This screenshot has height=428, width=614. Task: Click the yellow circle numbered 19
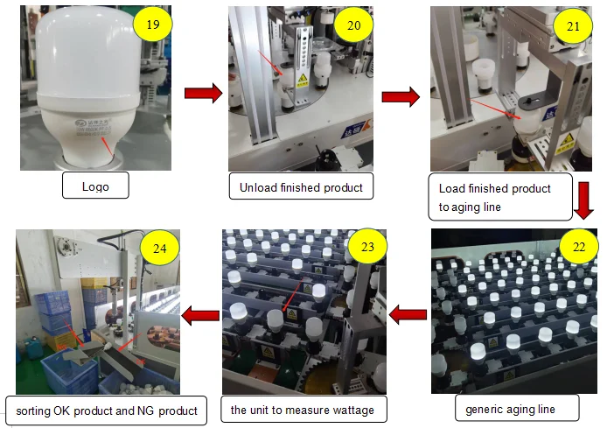pos(153,25)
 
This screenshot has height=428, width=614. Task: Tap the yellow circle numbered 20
pos(354,25)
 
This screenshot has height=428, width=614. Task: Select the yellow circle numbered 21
pos(573,26)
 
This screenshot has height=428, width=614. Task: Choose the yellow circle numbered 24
pos(160,249)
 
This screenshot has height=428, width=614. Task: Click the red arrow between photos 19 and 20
pos(203,93)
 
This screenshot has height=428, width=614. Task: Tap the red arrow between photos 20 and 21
pos(401,95)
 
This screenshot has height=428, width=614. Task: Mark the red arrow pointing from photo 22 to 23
pos(407,311)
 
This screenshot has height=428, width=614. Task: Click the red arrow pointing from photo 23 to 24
pos(199,311)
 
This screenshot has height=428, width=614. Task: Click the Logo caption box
pos(95,186)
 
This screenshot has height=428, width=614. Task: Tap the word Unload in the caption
pos(260,186)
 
